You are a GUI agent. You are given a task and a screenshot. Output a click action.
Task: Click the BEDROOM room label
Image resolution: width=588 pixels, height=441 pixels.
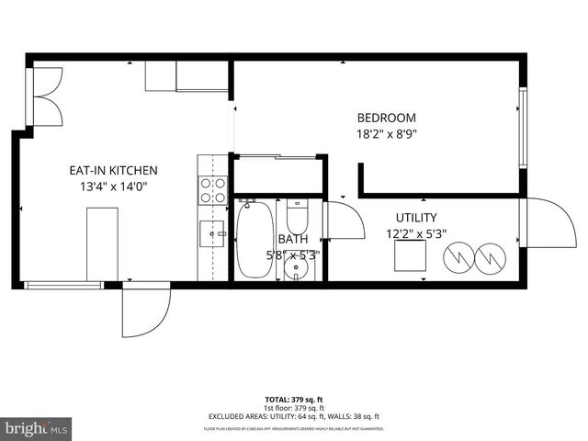tap(386, 118)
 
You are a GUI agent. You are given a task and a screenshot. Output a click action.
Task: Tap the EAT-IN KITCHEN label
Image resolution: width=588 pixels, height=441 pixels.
tap(114, 170)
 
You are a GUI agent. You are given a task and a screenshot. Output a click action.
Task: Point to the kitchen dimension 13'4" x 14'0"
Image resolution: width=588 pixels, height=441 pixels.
tap(114, 187)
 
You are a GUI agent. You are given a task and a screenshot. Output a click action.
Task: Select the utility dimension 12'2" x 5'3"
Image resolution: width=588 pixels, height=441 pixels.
tap(415, 233)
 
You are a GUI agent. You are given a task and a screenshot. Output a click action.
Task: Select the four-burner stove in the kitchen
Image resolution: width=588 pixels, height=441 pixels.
tap(213, 189)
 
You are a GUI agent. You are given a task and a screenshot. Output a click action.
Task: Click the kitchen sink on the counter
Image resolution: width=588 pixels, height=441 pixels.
tap(213, 234)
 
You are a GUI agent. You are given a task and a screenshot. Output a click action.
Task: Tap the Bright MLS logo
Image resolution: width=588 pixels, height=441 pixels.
tap(37, 428)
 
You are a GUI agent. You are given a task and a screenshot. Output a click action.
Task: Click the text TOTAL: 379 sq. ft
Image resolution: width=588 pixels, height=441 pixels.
tap(293, 400)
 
